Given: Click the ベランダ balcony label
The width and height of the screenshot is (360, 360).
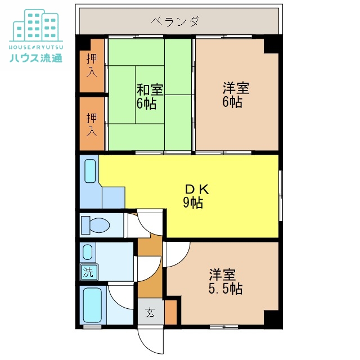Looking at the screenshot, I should pos(174,22).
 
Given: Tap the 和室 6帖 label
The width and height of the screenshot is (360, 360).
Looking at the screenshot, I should pos(150,96).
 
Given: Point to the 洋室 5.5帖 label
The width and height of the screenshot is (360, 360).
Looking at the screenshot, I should pos(226,282).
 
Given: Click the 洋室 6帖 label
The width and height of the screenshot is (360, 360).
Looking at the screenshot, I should pos(236,95).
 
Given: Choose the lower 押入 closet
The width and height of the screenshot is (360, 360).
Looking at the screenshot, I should pos(92,124).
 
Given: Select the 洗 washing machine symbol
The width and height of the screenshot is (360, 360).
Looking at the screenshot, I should pos(89,272).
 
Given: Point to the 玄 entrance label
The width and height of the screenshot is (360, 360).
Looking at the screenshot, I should pos(150,313).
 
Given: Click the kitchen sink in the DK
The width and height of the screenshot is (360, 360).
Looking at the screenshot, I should pos(91,171).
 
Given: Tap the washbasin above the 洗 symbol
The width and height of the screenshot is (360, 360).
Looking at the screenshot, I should pos(88,251).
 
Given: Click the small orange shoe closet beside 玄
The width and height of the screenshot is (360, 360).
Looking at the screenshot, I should pos(171,313).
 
